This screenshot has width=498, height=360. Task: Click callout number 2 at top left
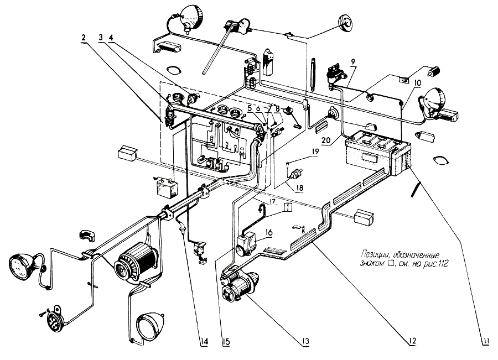coord(84,38)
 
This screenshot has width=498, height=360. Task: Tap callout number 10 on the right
coord(417,83)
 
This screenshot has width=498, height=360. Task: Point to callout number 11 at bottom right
coord(485,342)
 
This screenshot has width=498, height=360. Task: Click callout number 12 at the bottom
coord(412,341)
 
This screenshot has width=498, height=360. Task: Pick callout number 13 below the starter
coord(305,342)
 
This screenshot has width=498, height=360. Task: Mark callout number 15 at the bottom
coord(226,342)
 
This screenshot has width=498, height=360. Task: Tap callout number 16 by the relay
coord(269,233)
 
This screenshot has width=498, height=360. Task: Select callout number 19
coord(314,152)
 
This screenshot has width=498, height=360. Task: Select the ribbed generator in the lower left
coord(137,262)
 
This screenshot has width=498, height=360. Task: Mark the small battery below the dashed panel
coord(165,188)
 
